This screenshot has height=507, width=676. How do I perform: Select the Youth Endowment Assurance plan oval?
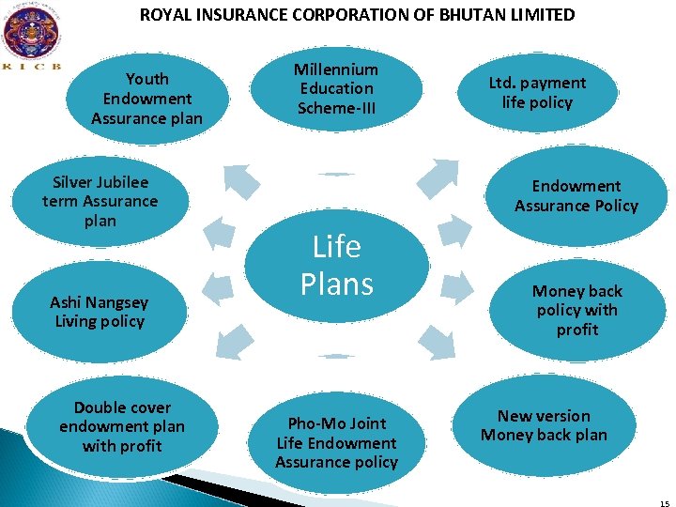147,99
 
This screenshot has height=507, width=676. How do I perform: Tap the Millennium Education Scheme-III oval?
336,89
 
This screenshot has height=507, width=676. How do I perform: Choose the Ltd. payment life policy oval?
537,93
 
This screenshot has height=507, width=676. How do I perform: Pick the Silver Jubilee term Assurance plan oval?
100,201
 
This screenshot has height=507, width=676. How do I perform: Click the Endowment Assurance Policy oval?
576,196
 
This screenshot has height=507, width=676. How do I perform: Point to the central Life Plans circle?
336,266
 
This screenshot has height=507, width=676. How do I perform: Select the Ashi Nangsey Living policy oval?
98,312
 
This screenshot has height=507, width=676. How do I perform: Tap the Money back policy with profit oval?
576,310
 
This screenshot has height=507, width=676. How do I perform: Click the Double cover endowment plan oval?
122,427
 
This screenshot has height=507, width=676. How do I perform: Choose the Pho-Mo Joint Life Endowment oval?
336,442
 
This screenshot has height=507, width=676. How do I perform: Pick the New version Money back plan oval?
544,425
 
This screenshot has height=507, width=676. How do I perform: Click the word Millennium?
336,69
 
